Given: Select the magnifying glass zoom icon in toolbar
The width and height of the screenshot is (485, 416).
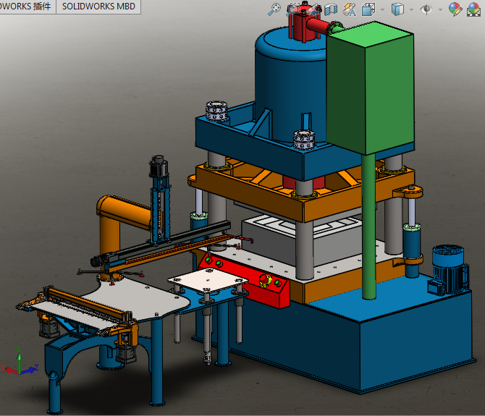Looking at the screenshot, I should coord(274,9).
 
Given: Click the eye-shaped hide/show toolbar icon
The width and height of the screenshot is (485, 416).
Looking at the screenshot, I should coord(427,9).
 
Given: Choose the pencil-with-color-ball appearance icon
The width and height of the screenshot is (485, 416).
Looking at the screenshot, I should coord(455,9).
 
